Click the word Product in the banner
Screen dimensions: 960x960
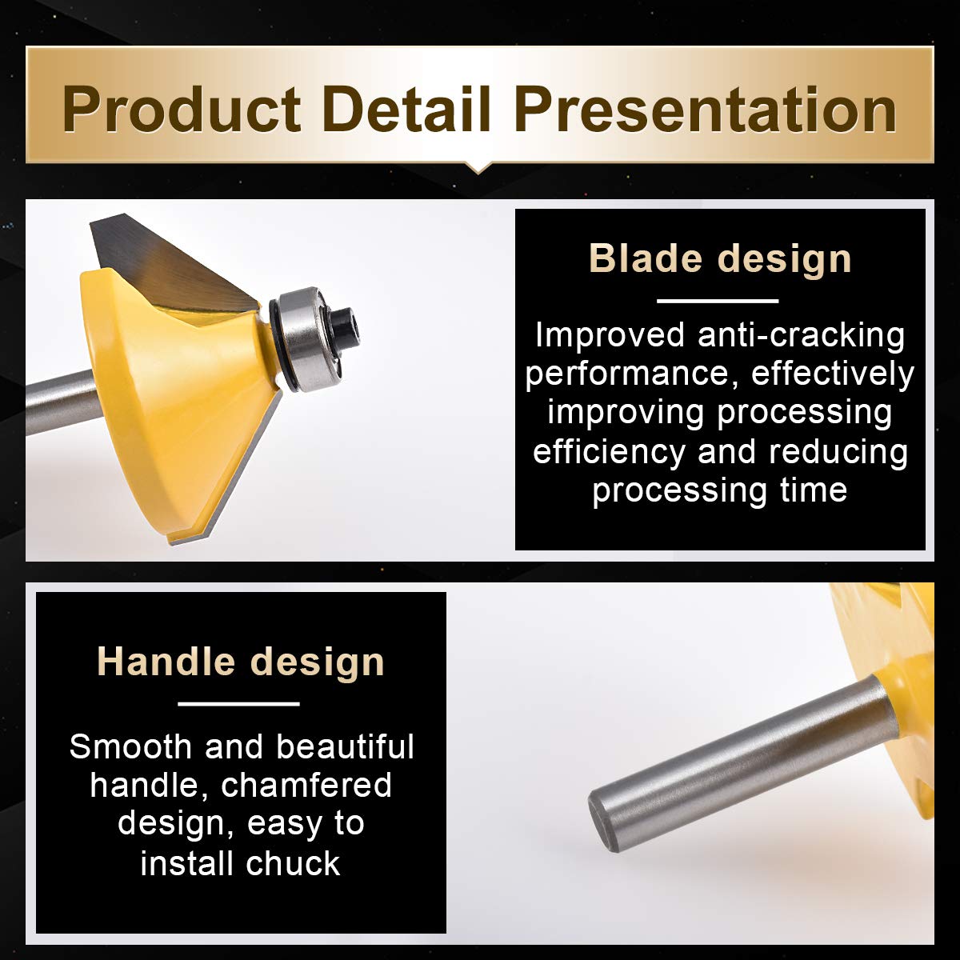pos(182,109)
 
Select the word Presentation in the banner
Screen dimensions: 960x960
pos(706,109)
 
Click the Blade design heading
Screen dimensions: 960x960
pos(720,258)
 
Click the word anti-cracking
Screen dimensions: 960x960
pos(801,335)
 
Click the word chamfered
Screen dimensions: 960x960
pos(306,785)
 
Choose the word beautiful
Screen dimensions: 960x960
pos(345,746)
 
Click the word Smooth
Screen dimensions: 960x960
pos(130,746)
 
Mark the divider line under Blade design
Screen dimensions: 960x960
pos(718,301)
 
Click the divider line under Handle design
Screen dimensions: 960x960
pos(238,704)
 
